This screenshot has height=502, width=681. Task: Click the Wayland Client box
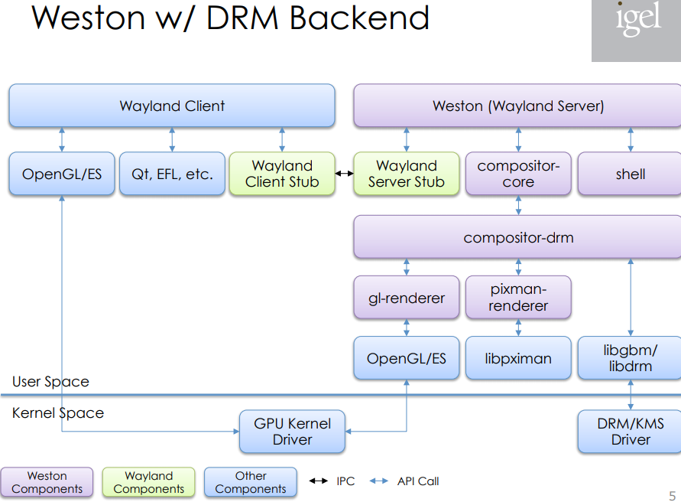pyautogui.click(x=172, y=106)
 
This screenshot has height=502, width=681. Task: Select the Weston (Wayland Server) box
pyautogui.click(x=517, y=106)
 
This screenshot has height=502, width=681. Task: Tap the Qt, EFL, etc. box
pyautogui.click(x=172, y=174)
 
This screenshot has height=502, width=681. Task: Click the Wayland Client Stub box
pyautogui.click(x=282, y=174)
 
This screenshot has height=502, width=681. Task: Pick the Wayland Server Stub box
pyautogui.click(x=406, y=174)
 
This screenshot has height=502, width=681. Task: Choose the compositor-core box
pyautogui.click(x=518, y=174)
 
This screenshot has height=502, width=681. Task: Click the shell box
pyautogui.click(x=630, y=174)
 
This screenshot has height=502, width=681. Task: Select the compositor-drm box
pyautogui.click(x=517, y=237)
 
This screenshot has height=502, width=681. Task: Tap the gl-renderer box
pyautogui.click(x=406, y=298)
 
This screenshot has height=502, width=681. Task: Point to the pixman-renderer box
pyautogui.click(x=518, y=297)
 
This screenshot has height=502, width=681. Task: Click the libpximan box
pyautogui.click(x=518, y=358)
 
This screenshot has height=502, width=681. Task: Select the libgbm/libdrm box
pyautogui.click(x=630, y=358)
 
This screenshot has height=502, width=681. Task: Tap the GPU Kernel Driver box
pyautogui.click(x=292, y=432)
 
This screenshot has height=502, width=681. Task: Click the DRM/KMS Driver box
pyautogui.click(x=630, y=432)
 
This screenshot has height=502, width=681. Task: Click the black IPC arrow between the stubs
pyautogui.click(x=345, y=174)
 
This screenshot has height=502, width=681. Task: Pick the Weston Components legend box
pyautogui.click(x=47, y=482)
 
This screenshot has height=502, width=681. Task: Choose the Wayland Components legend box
pyautogui.click(x=148, y=482)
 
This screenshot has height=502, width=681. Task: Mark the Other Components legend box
pyautogui.click(x=250, y=482)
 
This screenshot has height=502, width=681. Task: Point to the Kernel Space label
pyautogui.click(x=58, y=413)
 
